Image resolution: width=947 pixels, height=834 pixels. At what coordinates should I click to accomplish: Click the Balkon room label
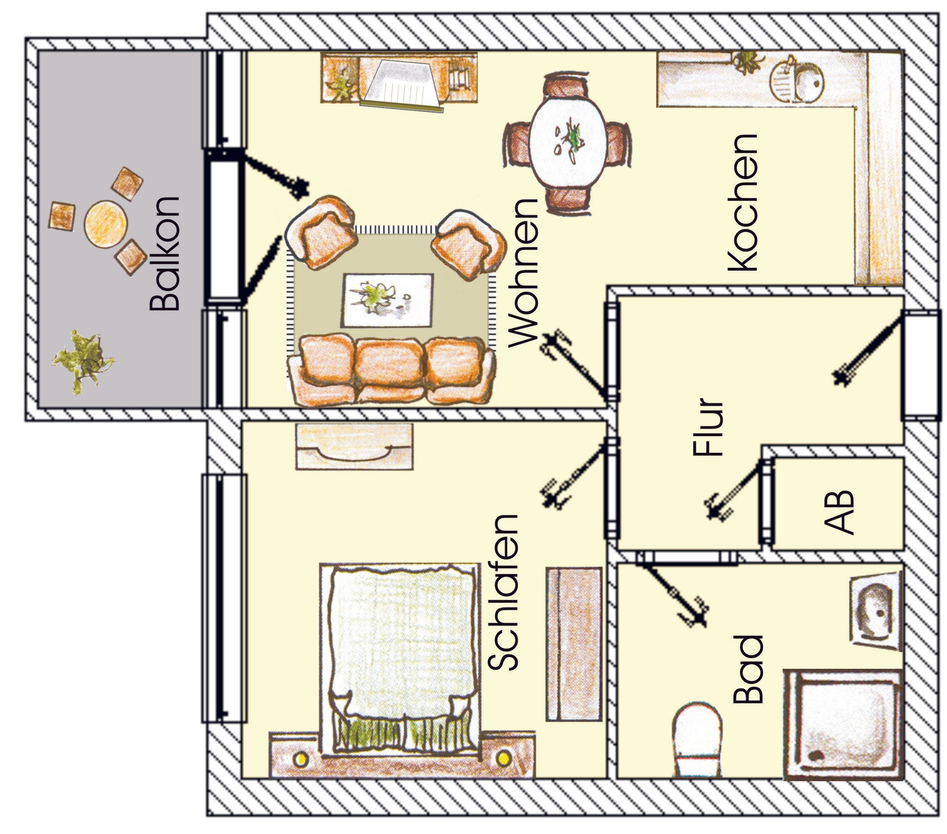tap(164, 254)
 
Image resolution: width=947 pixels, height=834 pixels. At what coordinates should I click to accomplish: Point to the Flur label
tap(707, 427)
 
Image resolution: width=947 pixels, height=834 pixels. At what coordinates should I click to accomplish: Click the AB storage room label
tap(839, 512)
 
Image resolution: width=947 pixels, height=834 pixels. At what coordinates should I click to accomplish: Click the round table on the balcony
tap(106, 224)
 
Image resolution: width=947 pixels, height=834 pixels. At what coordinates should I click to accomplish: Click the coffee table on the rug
tap(388, 300)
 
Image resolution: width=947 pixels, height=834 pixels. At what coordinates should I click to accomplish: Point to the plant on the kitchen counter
tap(746, 62)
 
